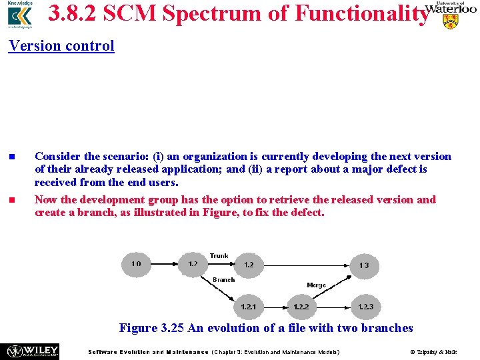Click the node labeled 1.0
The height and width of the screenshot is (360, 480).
click(x=136, y=265)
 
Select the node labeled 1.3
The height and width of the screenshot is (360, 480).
click(x=364, y=265)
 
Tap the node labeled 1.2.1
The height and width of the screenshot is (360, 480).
click(x=249, y=307)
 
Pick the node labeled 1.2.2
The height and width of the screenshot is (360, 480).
click(x=301, y=307)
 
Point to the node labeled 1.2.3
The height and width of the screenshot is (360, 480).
click(x=365, y=307)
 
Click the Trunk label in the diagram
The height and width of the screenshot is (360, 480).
click(x=219, y=256)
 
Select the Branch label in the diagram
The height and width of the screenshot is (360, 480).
click(x=223, y=280)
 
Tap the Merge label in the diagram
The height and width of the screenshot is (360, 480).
click(x=316, y=285)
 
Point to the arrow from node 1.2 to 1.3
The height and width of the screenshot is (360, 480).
click(x=307, y=265)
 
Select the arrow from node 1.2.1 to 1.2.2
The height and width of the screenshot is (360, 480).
click(x=275, y=307)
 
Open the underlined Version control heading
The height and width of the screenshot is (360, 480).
click(x=61, y=46)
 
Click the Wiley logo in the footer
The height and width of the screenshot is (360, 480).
click(x=33, y=351)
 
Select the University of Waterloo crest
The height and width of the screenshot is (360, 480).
click(x=451, y=21)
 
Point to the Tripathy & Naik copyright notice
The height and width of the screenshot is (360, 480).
click(x=433, y=352)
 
